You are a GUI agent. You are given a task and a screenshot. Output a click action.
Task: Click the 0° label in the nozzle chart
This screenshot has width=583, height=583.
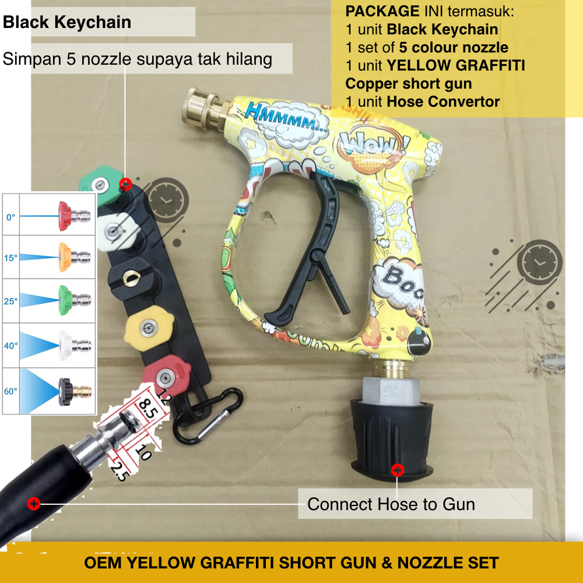[11, 217]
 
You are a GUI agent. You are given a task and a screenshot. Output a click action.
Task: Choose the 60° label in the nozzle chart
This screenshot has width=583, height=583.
[11, 391]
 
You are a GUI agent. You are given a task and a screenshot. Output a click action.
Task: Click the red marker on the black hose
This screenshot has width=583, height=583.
[34, 503]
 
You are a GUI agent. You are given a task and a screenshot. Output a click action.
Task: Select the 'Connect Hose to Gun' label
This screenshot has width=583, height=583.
[391, 504]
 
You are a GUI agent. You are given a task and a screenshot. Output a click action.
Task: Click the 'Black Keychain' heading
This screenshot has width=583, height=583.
[67, 23]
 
